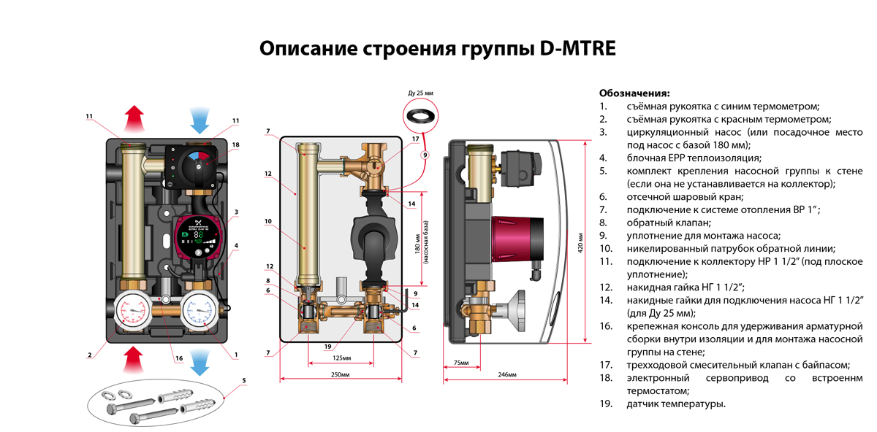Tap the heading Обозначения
pos(634,93)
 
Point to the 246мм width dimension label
pos(507,374)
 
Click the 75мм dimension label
pos(461,363)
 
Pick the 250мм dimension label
pos(341,374)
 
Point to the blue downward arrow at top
pos(200,117)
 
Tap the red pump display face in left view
pos(194,237)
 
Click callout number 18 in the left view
pos(235,145)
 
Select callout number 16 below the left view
pos(178,358)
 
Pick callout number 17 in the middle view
pos(414,139)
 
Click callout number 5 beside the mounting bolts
pos(244,380)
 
